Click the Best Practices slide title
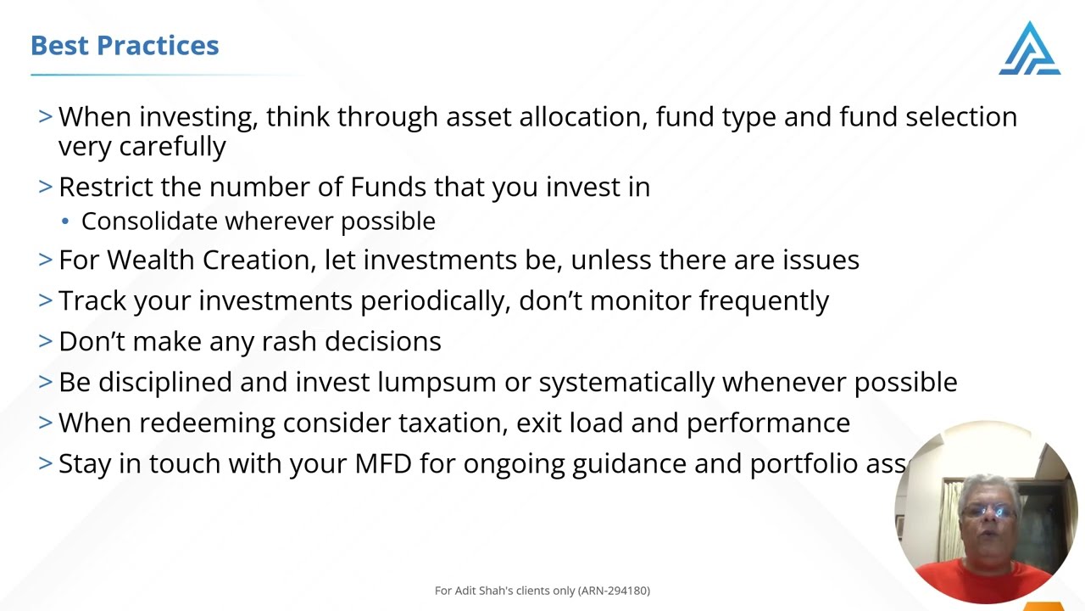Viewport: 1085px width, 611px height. pyautogui.click(x=125, y=46)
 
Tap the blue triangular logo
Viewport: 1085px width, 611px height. pyautogui.click(x=1029, y=49)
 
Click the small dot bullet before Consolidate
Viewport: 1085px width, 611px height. pyautogui.click(x=66, y=222)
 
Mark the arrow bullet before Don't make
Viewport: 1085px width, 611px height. pyautogui.click(x=46, y=341)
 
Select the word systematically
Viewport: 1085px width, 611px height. pyautogui.click(x=626, y=382)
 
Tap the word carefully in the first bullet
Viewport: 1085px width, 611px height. pyautogui.click(x=172, y=146)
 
